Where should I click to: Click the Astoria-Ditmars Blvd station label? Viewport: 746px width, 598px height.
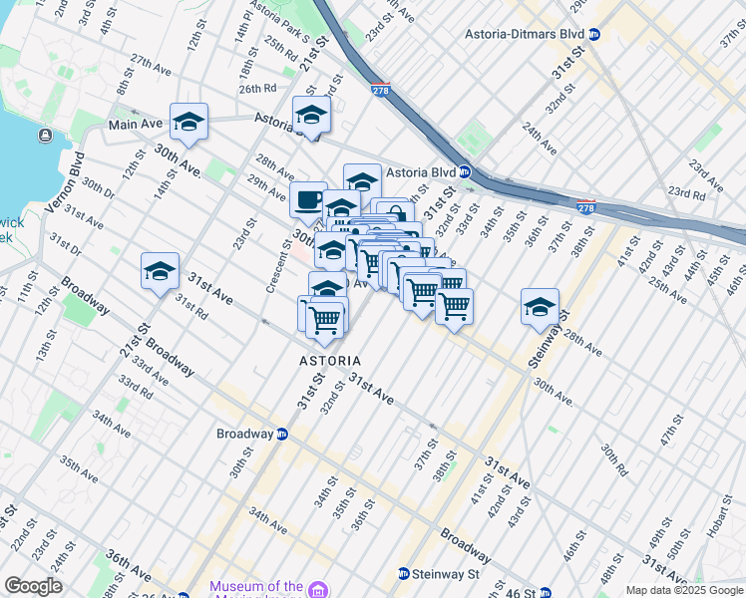(x=524, y=33)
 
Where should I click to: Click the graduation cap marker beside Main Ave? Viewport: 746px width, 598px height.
(x=188, y=123)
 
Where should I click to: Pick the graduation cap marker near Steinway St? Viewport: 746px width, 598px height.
(x=540, y=307)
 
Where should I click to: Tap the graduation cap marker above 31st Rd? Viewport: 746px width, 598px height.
(x=161, y=272)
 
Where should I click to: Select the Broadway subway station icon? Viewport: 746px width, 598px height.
(x=283, y=435)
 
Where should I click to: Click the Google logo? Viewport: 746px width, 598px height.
(x=33, y=586)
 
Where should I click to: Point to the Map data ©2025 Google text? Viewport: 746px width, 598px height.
(x=684, y=590)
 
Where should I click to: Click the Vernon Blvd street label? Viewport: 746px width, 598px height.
(x=62, y=183)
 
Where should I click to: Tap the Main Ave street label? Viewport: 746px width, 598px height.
(x=136, y=125)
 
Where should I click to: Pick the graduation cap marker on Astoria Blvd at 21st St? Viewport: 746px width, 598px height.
(x=311, y=119)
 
